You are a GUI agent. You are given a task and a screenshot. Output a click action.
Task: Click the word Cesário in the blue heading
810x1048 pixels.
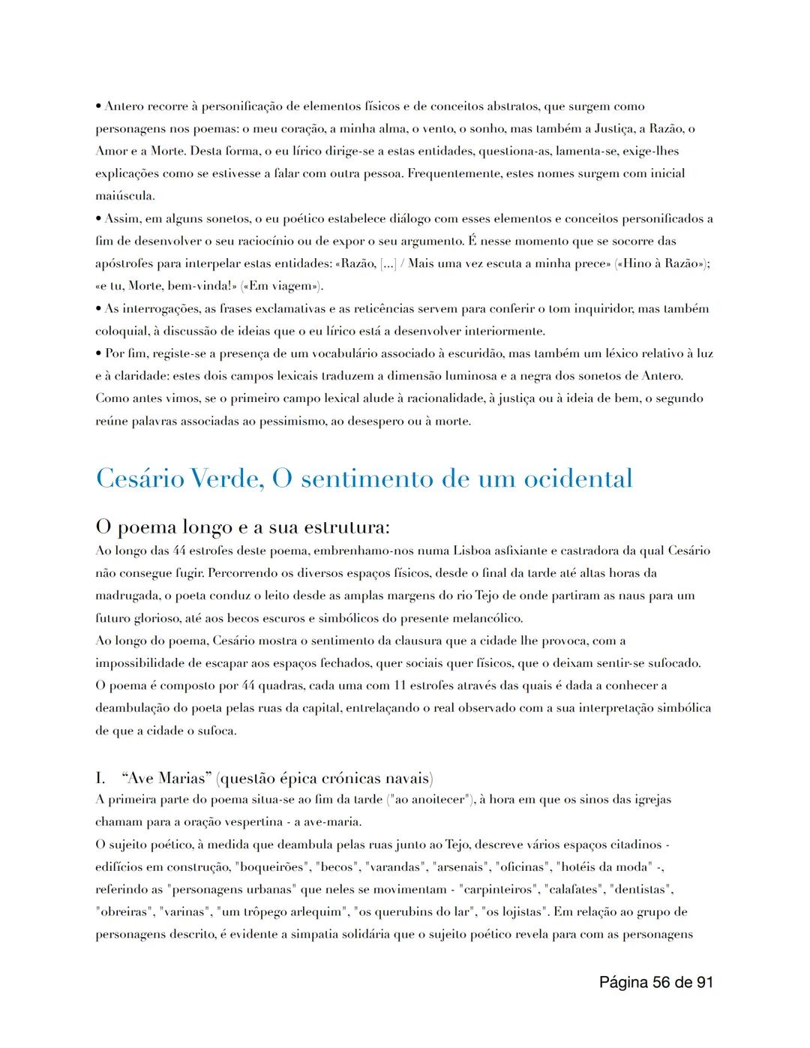[139, 479]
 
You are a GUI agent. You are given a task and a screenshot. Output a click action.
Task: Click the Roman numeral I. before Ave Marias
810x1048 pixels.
[100, 777]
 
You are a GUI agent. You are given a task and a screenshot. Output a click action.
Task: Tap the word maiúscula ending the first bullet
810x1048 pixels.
[124, 196]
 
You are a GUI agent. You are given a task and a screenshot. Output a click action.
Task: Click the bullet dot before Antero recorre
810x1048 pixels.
[98, 107]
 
